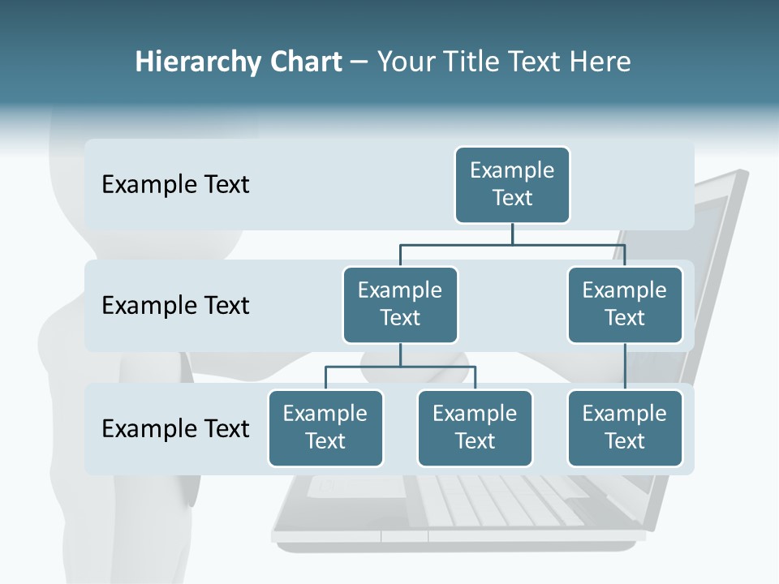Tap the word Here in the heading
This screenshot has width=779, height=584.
tap(601, 62)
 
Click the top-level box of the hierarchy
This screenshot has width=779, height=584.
tap(512, 184)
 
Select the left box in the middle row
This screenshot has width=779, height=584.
tap(400, 304)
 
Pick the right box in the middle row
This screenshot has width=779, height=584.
tap(625, 304)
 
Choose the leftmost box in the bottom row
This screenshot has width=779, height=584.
tap(325, 427)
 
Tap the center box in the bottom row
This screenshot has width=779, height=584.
tap(475, 427)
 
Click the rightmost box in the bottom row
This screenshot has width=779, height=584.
tap(625, 427)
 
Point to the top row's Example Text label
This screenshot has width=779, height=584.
tap(175, 185)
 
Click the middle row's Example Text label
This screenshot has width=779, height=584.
tap(175, 306)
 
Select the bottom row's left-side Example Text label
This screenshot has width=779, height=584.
tap(175, 428)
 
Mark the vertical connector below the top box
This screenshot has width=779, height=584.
tap(512, 234)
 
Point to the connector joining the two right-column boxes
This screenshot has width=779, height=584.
tap(625, 367)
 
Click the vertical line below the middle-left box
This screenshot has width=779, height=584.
tap(400, 355)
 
